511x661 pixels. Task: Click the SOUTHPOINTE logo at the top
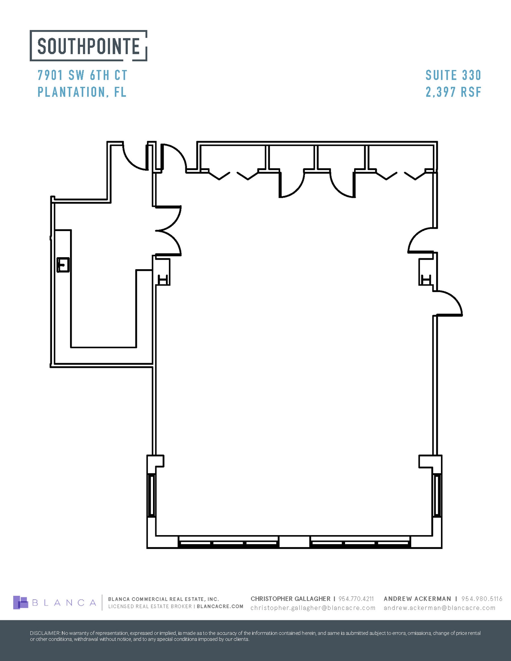tap(88, 46)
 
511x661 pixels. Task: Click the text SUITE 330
tap(453, 76)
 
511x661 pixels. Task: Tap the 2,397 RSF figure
tap(453, 92)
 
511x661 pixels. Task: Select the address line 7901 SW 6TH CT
tap(83, 76)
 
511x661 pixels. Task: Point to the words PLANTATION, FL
tap(82, 92)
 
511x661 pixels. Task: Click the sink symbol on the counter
tap(63, 265)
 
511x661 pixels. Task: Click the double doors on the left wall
tap(169, 231)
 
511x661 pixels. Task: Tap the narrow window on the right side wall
tap(437, 496)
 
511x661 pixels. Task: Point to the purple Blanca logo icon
tap(21, 603)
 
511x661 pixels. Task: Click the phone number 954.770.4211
tap(356, 599)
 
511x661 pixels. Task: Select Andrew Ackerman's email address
tap(439, 608)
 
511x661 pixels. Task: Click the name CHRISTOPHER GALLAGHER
tap(290, 599)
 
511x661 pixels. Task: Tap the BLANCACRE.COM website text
tap(220, 606)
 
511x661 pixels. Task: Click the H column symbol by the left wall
tap(163, 279)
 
